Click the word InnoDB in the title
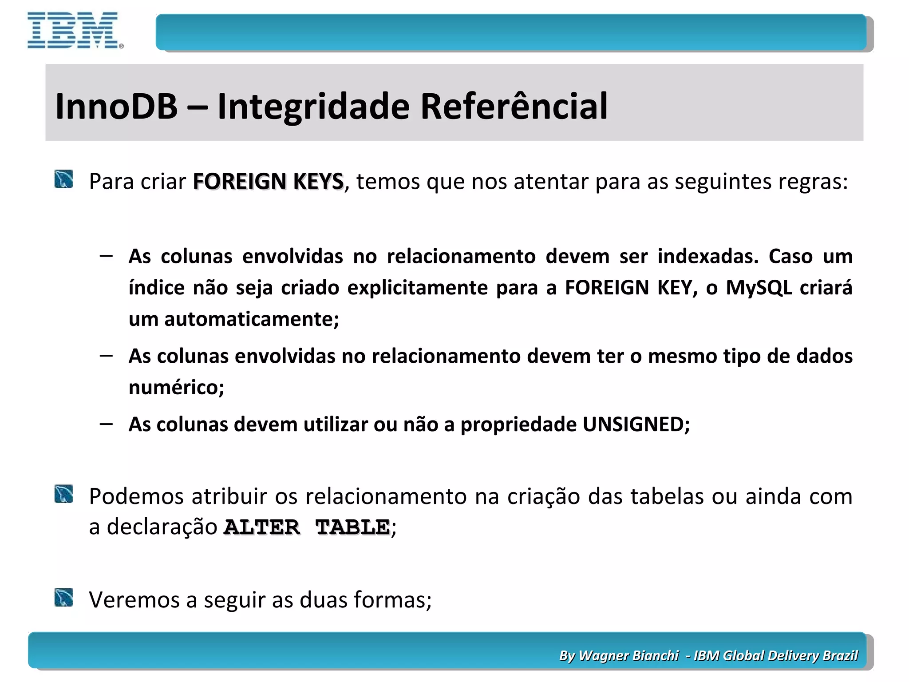click(x=116, y=107)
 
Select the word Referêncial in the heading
click(x=514, y=107)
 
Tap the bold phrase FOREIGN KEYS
click(x=268, y=182)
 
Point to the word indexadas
click(x=708, y=257)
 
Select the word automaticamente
click(x=251, y=319)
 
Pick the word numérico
click(x=176, y=388)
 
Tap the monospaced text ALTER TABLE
click(x=307, y=527)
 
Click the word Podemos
click(x=136, y=496)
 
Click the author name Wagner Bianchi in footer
click(x=628, y=655)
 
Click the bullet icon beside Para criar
click(x=64, y=179)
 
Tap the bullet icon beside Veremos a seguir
click(x=64, y=598)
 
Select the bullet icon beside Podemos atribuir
click(x=64, y=494)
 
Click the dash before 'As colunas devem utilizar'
click(x=106, y=424)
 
